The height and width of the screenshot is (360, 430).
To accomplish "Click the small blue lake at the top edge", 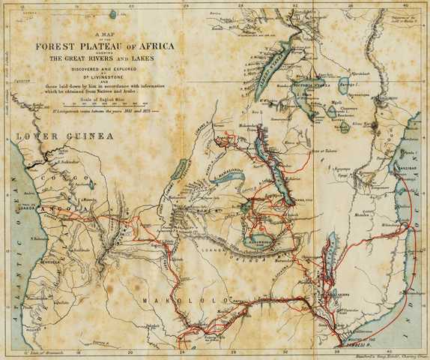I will pos(113,14).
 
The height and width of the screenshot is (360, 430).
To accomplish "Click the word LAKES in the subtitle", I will pos(163,58).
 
